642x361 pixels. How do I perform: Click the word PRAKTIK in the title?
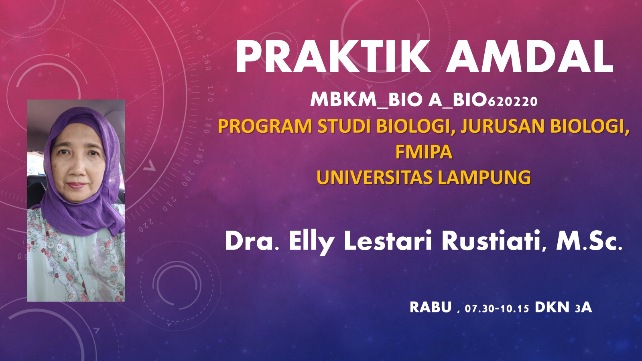click(333, 57)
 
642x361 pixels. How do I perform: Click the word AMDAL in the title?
click(530, 57)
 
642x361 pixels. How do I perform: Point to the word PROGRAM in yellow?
click(265, 127)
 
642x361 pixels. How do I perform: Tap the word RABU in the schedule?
click(431, 307)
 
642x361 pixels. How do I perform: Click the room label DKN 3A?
click(563, 307)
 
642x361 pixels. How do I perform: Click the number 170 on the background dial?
click(210, 93)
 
